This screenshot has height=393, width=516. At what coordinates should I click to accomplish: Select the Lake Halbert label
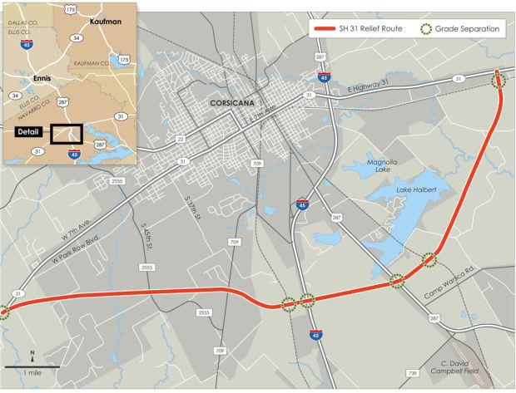click(x=415, y=191)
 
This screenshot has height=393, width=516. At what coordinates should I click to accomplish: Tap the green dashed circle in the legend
click(x=426, y=29)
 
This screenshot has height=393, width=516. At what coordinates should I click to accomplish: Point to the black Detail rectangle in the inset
click(x=65, y=134)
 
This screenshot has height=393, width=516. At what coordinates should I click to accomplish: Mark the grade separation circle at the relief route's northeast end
click(x=499, y=80)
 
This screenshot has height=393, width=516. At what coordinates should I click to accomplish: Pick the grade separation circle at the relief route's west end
click(x=3, y=312)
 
